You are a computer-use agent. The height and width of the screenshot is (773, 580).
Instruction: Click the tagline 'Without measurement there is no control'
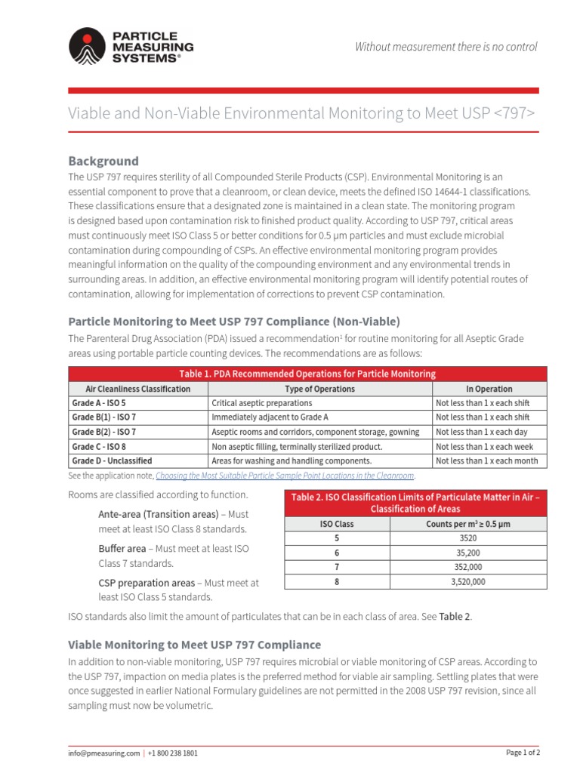(x=446, y=47)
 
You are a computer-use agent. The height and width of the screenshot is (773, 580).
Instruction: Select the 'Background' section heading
(x=103, y=161)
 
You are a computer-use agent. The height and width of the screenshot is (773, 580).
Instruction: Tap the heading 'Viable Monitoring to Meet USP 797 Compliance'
(x=194, y=645)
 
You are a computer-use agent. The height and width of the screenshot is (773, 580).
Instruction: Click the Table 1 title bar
(x=307, y=374)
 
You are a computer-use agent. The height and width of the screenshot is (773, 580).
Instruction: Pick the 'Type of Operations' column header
(x=319, y=389)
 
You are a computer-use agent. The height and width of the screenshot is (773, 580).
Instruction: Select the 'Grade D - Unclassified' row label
(x=112, y=460)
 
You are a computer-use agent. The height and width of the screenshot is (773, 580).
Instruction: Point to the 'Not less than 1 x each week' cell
(x=483, y=446)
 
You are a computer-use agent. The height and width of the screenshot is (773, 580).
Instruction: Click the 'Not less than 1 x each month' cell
(x=486, y=460)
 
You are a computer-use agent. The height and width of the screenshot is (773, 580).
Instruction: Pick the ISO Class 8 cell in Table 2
(x=337, y=582)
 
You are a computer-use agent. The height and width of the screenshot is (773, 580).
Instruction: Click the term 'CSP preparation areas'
(x=146, y=583)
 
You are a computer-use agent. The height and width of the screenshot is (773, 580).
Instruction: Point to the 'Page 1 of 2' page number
(x=522, y=753)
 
